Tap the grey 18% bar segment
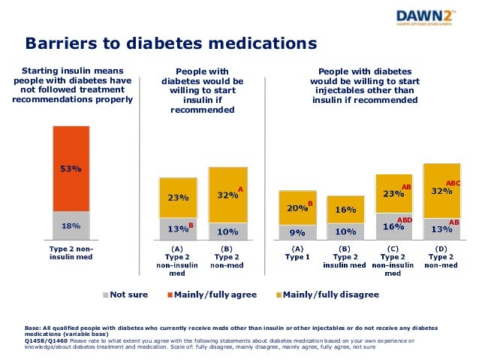pyautogui.click(x=71, y=224)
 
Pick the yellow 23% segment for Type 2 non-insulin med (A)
pyautogui.click(x=178, y=198)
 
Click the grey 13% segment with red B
pyautogui.click(x=178, y=228)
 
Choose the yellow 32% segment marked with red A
pyautogui.click(x=227, y=195)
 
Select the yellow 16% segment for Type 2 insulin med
pyautogui.click(x=345, y=209)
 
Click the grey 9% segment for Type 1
pyautogui.click(x=297, y=231)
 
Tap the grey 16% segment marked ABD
pyautogui.click(x=393, y=226)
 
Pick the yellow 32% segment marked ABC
pyautogui.click(x=441, y=191)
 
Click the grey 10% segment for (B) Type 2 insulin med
pyautogui.click(x=345, y=231)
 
